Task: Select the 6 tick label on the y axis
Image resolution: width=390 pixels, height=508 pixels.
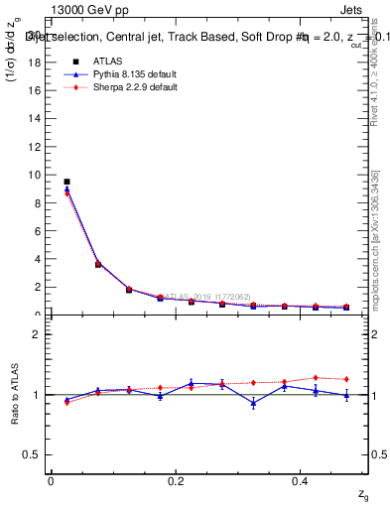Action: (37, 231)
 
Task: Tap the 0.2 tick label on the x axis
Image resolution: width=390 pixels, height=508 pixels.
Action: (176, 481)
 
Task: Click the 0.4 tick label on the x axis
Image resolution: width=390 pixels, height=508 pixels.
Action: (301, 481)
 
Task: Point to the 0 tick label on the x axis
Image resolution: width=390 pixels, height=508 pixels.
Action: (51, 481)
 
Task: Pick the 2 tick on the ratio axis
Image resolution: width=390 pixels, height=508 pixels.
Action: (37, 334)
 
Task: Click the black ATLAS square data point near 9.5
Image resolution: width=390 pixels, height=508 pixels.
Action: (66, 182)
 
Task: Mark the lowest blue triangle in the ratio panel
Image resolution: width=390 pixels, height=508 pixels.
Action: (254, 403)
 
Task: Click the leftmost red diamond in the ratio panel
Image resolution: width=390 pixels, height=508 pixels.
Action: (66, 402)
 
